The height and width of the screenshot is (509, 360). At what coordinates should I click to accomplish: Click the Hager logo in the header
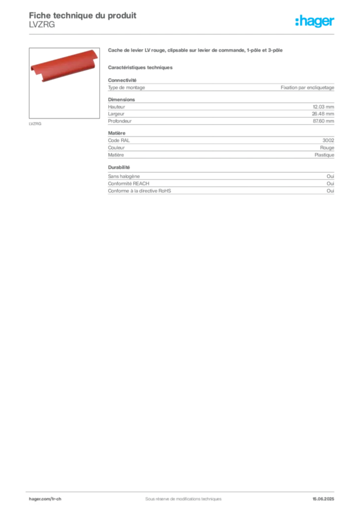click(x=315, y=21)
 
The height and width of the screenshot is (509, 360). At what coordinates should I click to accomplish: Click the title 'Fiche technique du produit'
click(x=83, y=15)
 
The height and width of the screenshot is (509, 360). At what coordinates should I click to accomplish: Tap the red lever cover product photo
click(x=64, y=65)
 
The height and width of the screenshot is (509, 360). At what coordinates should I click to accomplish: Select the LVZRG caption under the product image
click(x=35, y=124)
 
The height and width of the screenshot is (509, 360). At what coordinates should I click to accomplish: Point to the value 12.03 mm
click(x=323, y=107)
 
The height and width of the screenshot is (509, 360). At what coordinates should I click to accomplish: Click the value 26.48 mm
click(x=323, y=114)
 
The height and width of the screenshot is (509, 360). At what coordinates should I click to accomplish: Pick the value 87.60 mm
click(x=323, y=121)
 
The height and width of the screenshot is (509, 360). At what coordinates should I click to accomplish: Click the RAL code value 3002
click(x=328, y=140)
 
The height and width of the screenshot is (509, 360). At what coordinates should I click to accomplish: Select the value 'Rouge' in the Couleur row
click(x=327, y=148)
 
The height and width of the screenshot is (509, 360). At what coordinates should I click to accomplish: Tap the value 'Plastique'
click(x=324, y=155)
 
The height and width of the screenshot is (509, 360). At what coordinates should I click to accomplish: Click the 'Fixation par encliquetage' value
click(x=307, y=87)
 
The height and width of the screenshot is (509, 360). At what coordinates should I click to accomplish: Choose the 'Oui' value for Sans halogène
click(x=331, y=176)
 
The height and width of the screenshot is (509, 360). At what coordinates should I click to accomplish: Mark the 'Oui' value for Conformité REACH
click(x=331, y=184)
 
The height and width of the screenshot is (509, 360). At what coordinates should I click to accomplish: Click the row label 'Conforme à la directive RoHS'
click(x=140, y=191)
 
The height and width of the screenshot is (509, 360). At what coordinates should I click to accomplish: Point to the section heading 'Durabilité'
click(x=119, y=168)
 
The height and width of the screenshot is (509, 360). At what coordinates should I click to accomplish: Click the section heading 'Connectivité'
click(x=122, y=80)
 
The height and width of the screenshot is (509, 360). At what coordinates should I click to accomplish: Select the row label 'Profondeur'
click(x=120, y=121)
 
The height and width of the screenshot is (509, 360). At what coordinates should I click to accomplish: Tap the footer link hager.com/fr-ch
click(x=45, y=499)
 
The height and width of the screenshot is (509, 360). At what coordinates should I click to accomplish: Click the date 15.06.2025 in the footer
click(x=323, y=499)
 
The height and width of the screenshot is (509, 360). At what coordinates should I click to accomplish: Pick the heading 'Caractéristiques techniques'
click(x=140, y=68)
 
